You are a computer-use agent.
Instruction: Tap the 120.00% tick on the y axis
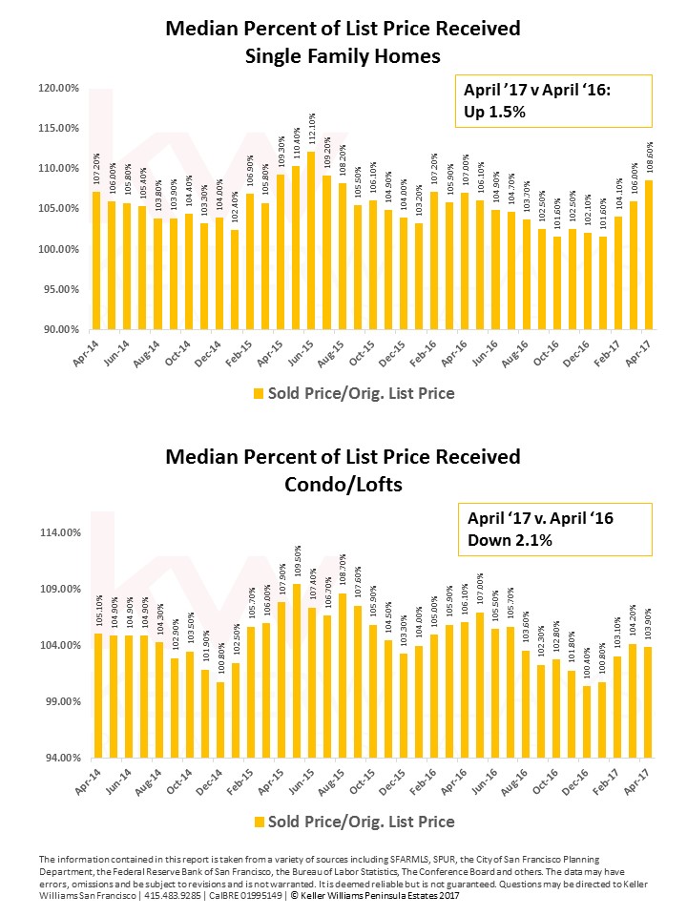pos(58,88)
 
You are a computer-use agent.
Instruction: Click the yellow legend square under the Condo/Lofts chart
pos(257,822)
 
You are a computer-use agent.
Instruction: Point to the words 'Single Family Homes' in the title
pos(343,56)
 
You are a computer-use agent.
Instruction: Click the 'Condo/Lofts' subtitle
pos(343,485)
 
